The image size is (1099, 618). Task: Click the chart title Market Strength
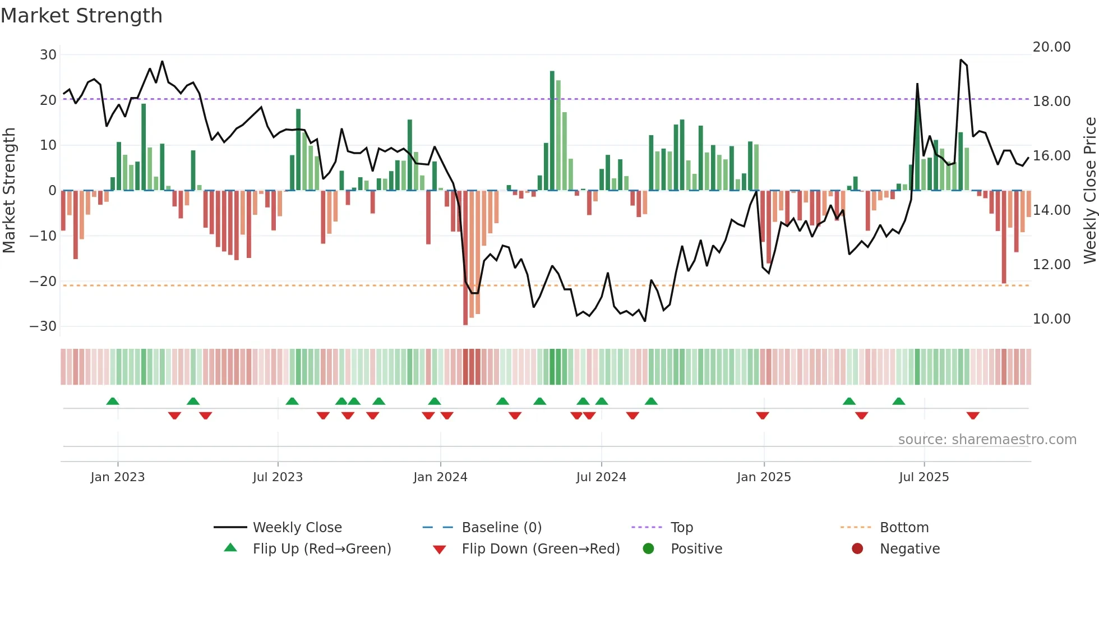tap(81, 16)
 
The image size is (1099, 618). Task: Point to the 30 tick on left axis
tap(48, 55)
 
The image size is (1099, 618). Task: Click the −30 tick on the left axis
tap(43, 326)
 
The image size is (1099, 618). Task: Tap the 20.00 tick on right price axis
tap(1051, 47)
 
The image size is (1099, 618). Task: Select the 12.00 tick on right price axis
tap(1051, 265)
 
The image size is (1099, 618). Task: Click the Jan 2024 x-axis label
tap(440, 477)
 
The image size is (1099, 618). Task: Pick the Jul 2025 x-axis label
tap(923, 477)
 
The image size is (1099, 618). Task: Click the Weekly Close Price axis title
tap(1089, 191)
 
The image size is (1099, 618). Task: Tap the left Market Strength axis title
tap(9, 191)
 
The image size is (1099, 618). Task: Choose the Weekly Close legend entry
tap(297, 528)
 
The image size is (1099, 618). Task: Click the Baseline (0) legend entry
tap(501, 528)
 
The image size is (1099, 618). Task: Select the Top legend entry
tap(681, 528)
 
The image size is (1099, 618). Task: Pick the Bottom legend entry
tap(904, 528)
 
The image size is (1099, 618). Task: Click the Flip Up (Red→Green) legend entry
tap(321, 549)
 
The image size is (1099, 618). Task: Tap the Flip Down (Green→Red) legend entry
tap(540, 549)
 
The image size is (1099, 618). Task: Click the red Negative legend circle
tap(857, 549)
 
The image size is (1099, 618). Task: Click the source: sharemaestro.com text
tap(987, 440)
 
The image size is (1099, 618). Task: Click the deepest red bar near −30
tap(465, 258)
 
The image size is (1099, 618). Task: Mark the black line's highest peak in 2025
tap(961, 60)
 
